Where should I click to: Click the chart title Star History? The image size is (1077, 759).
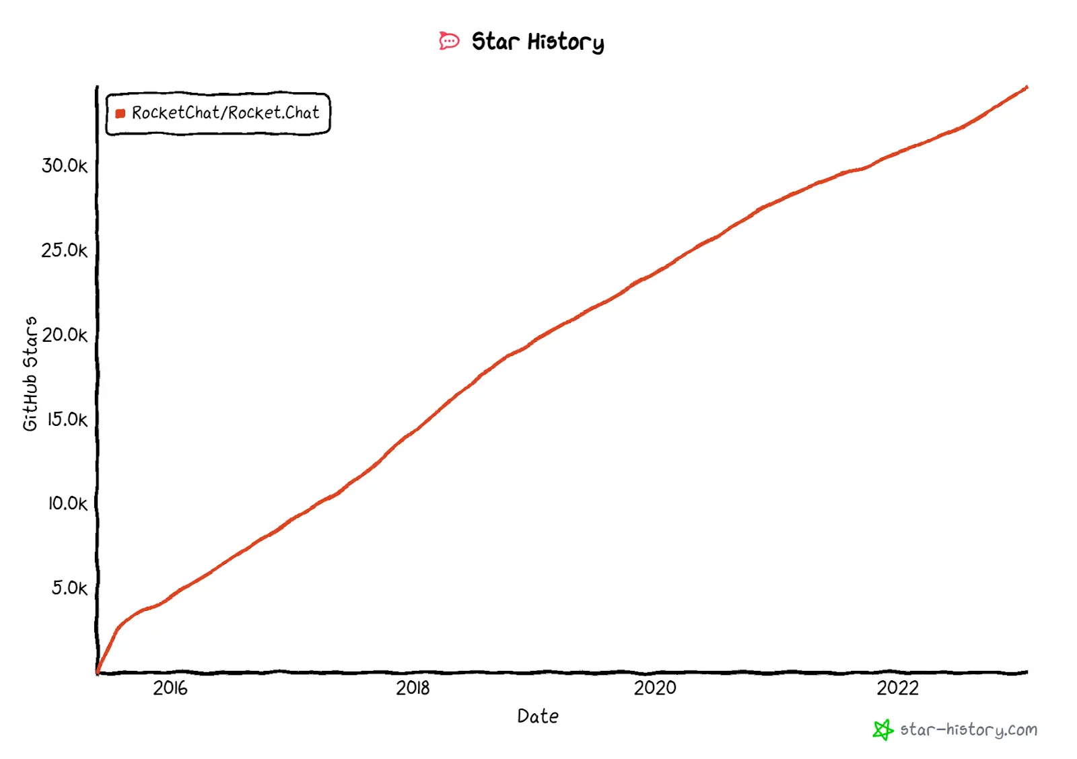click(537, 42)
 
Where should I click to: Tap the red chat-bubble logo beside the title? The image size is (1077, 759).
click(449, 41)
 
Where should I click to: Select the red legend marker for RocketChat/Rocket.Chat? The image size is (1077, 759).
click(120, 114)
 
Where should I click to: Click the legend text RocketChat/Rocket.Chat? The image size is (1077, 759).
click(225, 113)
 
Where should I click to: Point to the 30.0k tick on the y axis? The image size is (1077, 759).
click(65, 166)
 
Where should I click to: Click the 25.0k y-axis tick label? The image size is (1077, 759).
click(65, 250)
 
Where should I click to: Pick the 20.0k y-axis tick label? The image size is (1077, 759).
click(65, 334)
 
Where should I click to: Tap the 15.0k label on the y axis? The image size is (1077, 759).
click(67, 419)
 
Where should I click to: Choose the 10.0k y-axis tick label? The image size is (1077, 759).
click(67, 503)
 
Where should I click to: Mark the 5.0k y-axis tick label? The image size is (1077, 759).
click(69, 588)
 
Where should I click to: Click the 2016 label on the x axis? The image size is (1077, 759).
click(170, 688)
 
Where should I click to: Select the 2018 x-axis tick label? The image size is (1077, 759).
click(413, 688)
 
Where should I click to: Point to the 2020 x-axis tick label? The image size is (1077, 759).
click(655, 688)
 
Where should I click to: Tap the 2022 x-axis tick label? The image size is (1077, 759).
click(897, 688)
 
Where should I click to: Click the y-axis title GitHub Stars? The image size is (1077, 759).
click(30, 373)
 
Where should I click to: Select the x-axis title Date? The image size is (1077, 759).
click(538, 716)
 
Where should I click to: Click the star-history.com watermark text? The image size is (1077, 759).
click(969, 729)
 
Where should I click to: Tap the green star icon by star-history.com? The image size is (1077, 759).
click(882, 729)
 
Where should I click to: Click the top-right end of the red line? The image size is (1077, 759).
click(1026, 87)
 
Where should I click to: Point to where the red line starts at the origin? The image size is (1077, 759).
click(98, 671)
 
